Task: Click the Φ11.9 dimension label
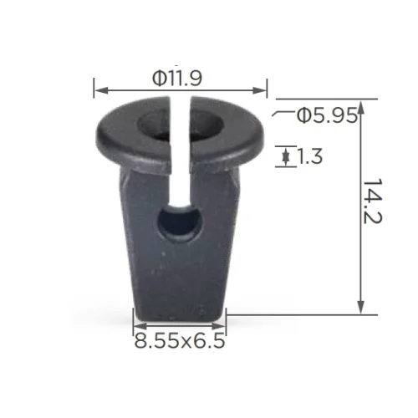[x=177, y=79]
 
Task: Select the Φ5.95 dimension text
[x=327, y=115]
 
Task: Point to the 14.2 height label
[x=373, y=201]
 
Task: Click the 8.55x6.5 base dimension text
[x=180, y=340]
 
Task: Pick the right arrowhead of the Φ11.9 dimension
[x=260, y=90]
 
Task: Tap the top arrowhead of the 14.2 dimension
[x=361, y=108]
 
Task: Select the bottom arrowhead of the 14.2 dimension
[x=361, y=308]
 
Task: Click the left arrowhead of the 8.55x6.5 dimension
[x=140, y=326]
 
